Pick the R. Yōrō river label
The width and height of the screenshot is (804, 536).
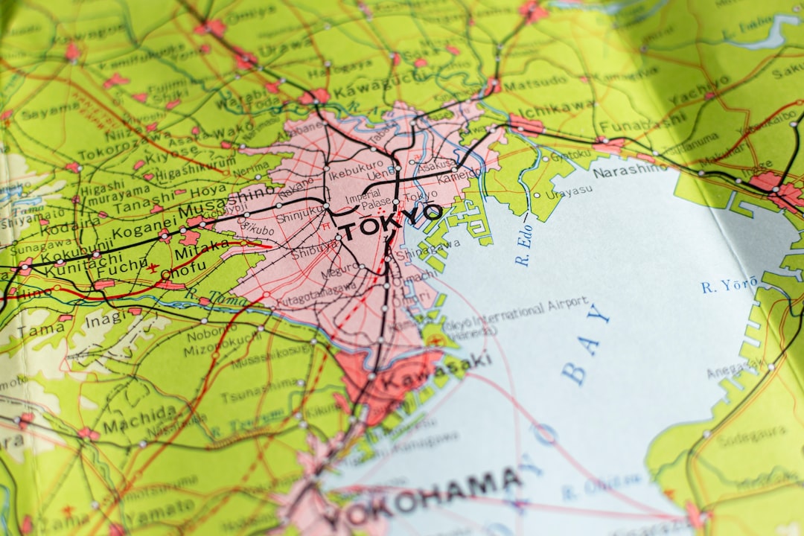[x=729, y=284]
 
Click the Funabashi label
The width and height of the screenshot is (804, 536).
[x=642, y=123]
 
